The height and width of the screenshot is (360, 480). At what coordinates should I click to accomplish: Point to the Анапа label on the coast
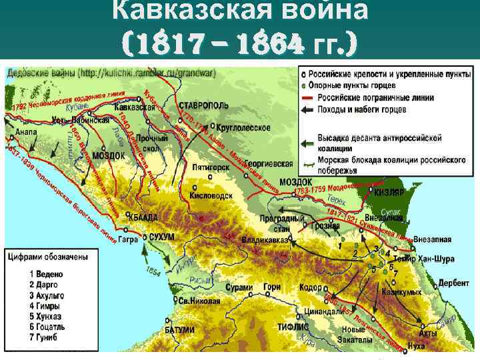pos(25,132)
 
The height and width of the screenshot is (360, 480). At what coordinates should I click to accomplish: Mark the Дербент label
pos(454,283)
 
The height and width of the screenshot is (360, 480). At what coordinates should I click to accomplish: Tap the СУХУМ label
pos(162,237)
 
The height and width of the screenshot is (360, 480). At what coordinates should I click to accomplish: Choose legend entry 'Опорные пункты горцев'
pos(351,85)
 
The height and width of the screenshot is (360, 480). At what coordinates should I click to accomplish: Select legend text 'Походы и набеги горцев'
pos(356,109)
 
